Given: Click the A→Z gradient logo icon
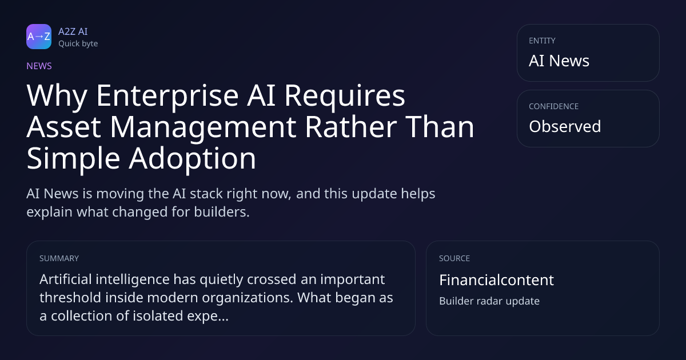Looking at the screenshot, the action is click(39, 37).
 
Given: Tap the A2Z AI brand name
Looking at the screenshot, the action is click(73, 31).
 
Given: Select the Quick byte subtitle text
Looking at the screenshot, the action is click(78, 44).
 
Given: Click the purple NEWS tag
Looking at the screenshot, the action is click(39, 66).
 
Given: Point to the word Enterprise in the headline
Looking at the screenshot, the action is click(167, 97).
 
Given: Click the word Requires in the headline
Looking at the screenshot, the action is click(345, 97).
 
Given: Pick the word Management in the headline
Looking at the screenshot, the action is click(203, 128).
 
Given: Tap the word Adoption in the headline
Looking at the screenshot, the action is click(192, 159).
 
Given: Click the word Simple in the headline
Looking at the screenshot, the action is click(73, 159).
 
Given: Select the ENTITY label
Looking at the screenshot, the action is click(542, 41).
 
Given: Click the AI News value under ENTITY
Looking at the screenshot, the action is click(559, 61).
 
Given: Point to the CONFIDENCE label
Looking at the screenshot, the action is click(554, 106).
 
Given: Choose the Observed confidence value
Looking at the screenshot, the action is click(565, 126).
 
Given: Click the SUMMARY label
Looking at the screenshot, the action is click(59, 258).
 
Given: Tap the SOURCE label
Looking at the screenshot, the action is click(454, 258).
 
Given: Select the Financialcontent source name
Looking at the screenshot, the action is click(496, 280).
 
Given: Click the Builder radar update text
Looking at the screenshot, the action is click(489, 301).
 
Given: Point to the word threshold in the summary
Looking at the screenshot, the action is click(70, 298).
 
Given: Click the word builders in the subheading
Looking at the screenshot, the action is click(222, 212).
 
